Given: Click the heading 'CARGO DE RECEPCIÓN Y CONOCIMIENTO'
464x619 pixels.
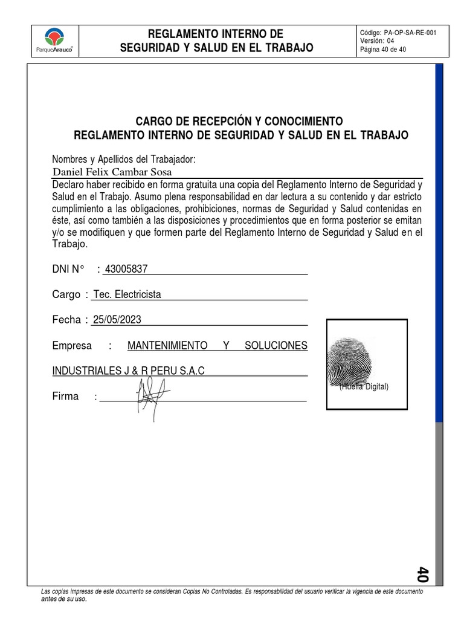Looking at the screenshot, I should click(240, 121).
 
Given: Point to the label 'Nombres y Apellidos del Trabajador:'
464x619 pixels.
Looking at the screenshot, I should click(124, 160).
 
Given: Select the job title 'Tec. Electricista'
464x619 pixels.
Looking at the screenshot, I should click(127, 294).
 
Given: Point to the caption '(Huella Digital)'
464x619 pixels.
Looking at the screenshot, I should click(364, 387).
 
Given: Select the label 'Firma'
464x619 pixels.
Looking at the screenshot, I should click(65, 397).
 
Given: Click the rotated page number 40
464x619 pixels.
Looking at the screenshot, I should click(422, 574).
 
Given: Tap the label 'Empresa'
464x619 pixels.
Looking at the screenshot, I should click(72, 346).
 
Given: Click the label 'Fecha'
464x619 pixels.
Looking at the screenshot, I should click(66, 320).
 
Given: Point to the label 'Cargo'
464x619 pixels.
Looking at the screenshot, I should click(66, 294).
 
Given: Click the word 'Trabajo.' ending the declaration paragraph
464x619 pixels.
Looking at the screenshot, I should click(70, 244).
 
